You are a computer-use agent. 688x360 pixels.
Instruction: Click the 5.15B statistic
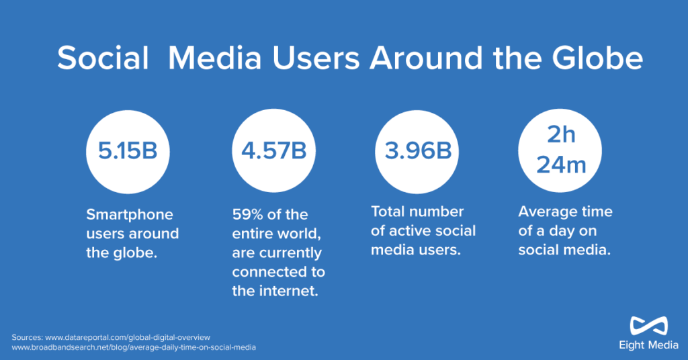[127, 151]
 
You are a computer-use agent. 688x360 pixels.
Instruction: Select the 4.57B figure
[274, 151]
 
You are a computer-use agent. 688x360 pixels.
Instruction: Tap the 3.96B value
[418, 151]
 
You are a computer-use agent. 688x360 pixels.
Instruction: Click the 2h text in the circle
[561, 134]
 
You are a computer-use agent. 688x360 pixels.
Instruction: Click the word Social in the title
[103, 58]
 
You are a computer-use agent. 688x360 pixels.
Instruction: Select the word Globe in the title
[597, 58]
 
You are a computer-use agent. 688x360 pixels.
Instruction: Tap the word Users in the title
[316, 58]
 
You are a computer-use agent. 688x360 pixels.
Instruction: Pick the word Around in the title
[426, 58]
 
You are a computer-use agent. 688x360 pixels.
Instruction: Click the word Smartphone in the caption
[130, 215]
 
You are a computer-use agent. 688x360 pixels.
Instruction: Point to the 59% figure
[247, 214]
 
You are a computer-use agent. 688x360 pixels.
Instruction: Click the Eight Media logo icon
[648, 326]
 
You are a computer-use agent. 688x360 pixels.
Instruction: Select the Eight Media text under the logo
[648, 345]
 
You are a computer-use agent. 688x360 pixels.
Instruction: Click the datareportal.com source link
[128, 338]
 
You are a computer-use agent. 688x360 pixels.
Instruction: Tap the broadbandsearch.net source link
[134, 347]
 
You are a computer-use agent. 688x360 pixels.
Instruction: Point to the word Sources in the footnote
[27, 338]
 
